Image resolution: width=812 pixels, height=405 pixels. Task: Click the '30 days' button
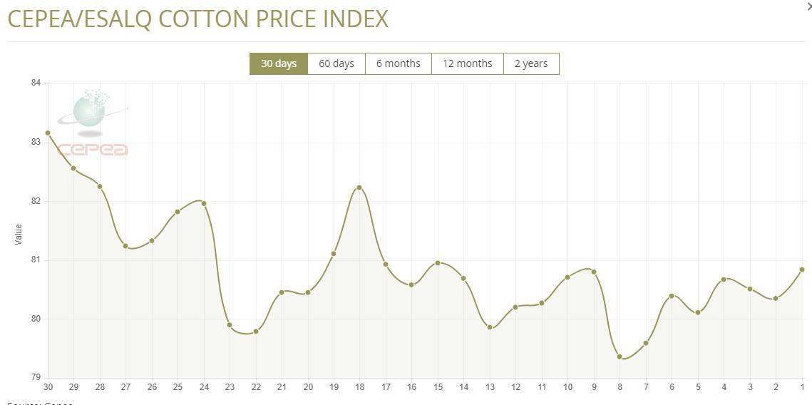(x=278, y=63)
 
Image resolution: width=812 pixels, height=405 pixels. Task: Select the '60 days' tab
(x=336, y=63)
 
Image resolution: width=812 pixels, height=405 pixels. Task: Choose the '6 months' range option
(x=398, y=63)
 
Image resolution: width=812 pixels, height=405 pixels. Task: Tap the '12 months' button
(x=467, y=63)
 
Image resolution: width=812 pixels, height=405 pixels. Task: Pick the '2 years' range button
(x=531, y=63)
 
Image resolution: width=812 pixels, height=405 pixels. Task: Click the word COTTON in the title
(x=202, y=19)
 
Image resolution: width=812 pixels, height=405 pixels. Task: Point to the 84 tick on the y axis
(x=36, y=83)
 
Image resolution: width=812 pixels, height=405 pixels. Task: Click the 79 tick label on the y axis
(x=36, y=377)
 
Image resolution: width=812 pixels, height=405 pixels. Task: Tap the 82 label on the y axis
(x=36, y=201)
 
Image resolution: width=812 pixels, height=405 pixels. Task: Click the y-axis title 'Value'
(x=19, y=234)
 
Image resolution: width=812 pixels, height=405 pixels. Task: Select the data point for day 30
(x=48, y=133)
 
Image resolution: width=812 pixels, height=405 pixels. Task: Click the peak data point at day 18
(x=359, y=188)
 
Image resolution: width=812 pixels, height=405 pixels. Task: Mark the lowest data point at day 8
(x=620, y=357)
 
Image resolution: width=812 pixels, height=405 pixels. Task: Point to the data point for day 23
(x=230, y=325)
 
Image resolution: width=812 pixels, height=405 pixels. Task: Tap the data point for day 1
(x=802, y=270)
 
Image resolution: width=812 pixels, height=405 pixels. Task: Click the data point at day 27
(x=125, y=246)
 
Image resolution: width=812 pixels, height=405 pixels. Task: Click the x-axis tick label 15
(x=438, y=387)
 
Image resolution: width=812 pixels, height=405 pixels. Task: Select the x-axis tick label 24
(x=204, y=387)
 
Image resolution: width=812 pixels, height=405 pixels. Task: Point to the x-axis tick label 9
(x=594, y=387)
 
